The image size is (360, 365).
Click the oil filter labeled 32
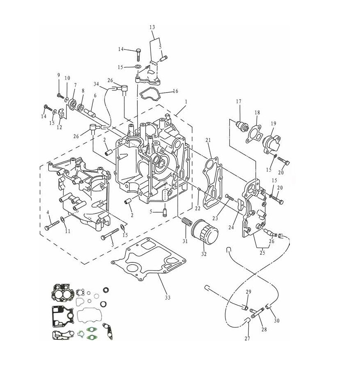[205, 231]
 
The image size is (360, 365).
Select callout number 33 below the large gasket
[168, 297]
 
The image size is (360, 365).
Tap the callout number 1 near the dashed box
[186, 102]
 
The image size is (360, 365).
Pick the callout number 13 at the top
[152, 27]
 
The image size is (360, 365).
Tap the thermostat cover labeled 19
[272, 144]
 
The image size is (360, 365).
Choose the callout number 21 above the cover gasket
[208, 140]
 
